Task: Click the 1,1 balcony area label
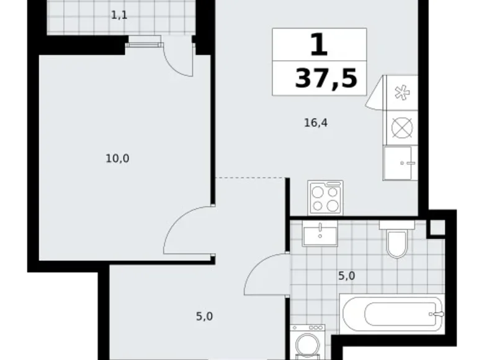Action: (119, 15)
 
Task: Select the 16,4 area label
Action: (315, 123)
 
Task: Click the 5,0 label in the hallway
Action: (205, 317)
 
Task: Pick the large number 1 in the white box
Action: (318, 45)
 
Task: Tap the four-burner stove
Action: (325, 198)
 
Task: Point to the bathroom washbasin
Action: (320, 234)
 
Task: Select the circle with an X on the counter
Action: (401, 128)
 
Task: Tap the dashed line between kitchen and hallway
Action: (252, 178)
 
